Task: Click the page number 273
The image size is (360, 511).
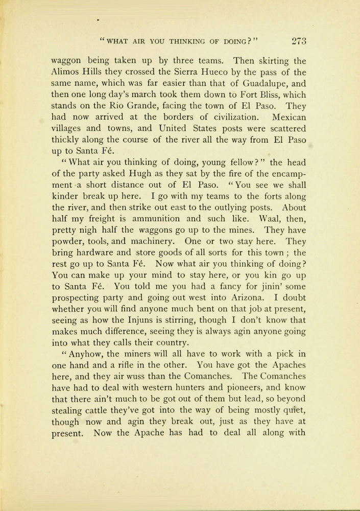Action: pyautogui.click(x=296, y=41)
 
